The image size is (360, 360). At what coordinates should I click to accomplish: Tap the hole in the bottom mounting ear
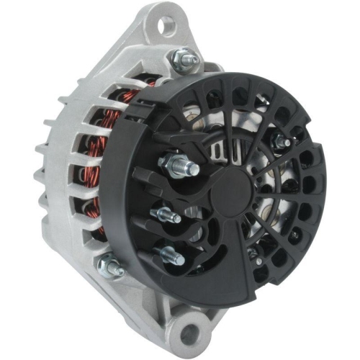[189, 334]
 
